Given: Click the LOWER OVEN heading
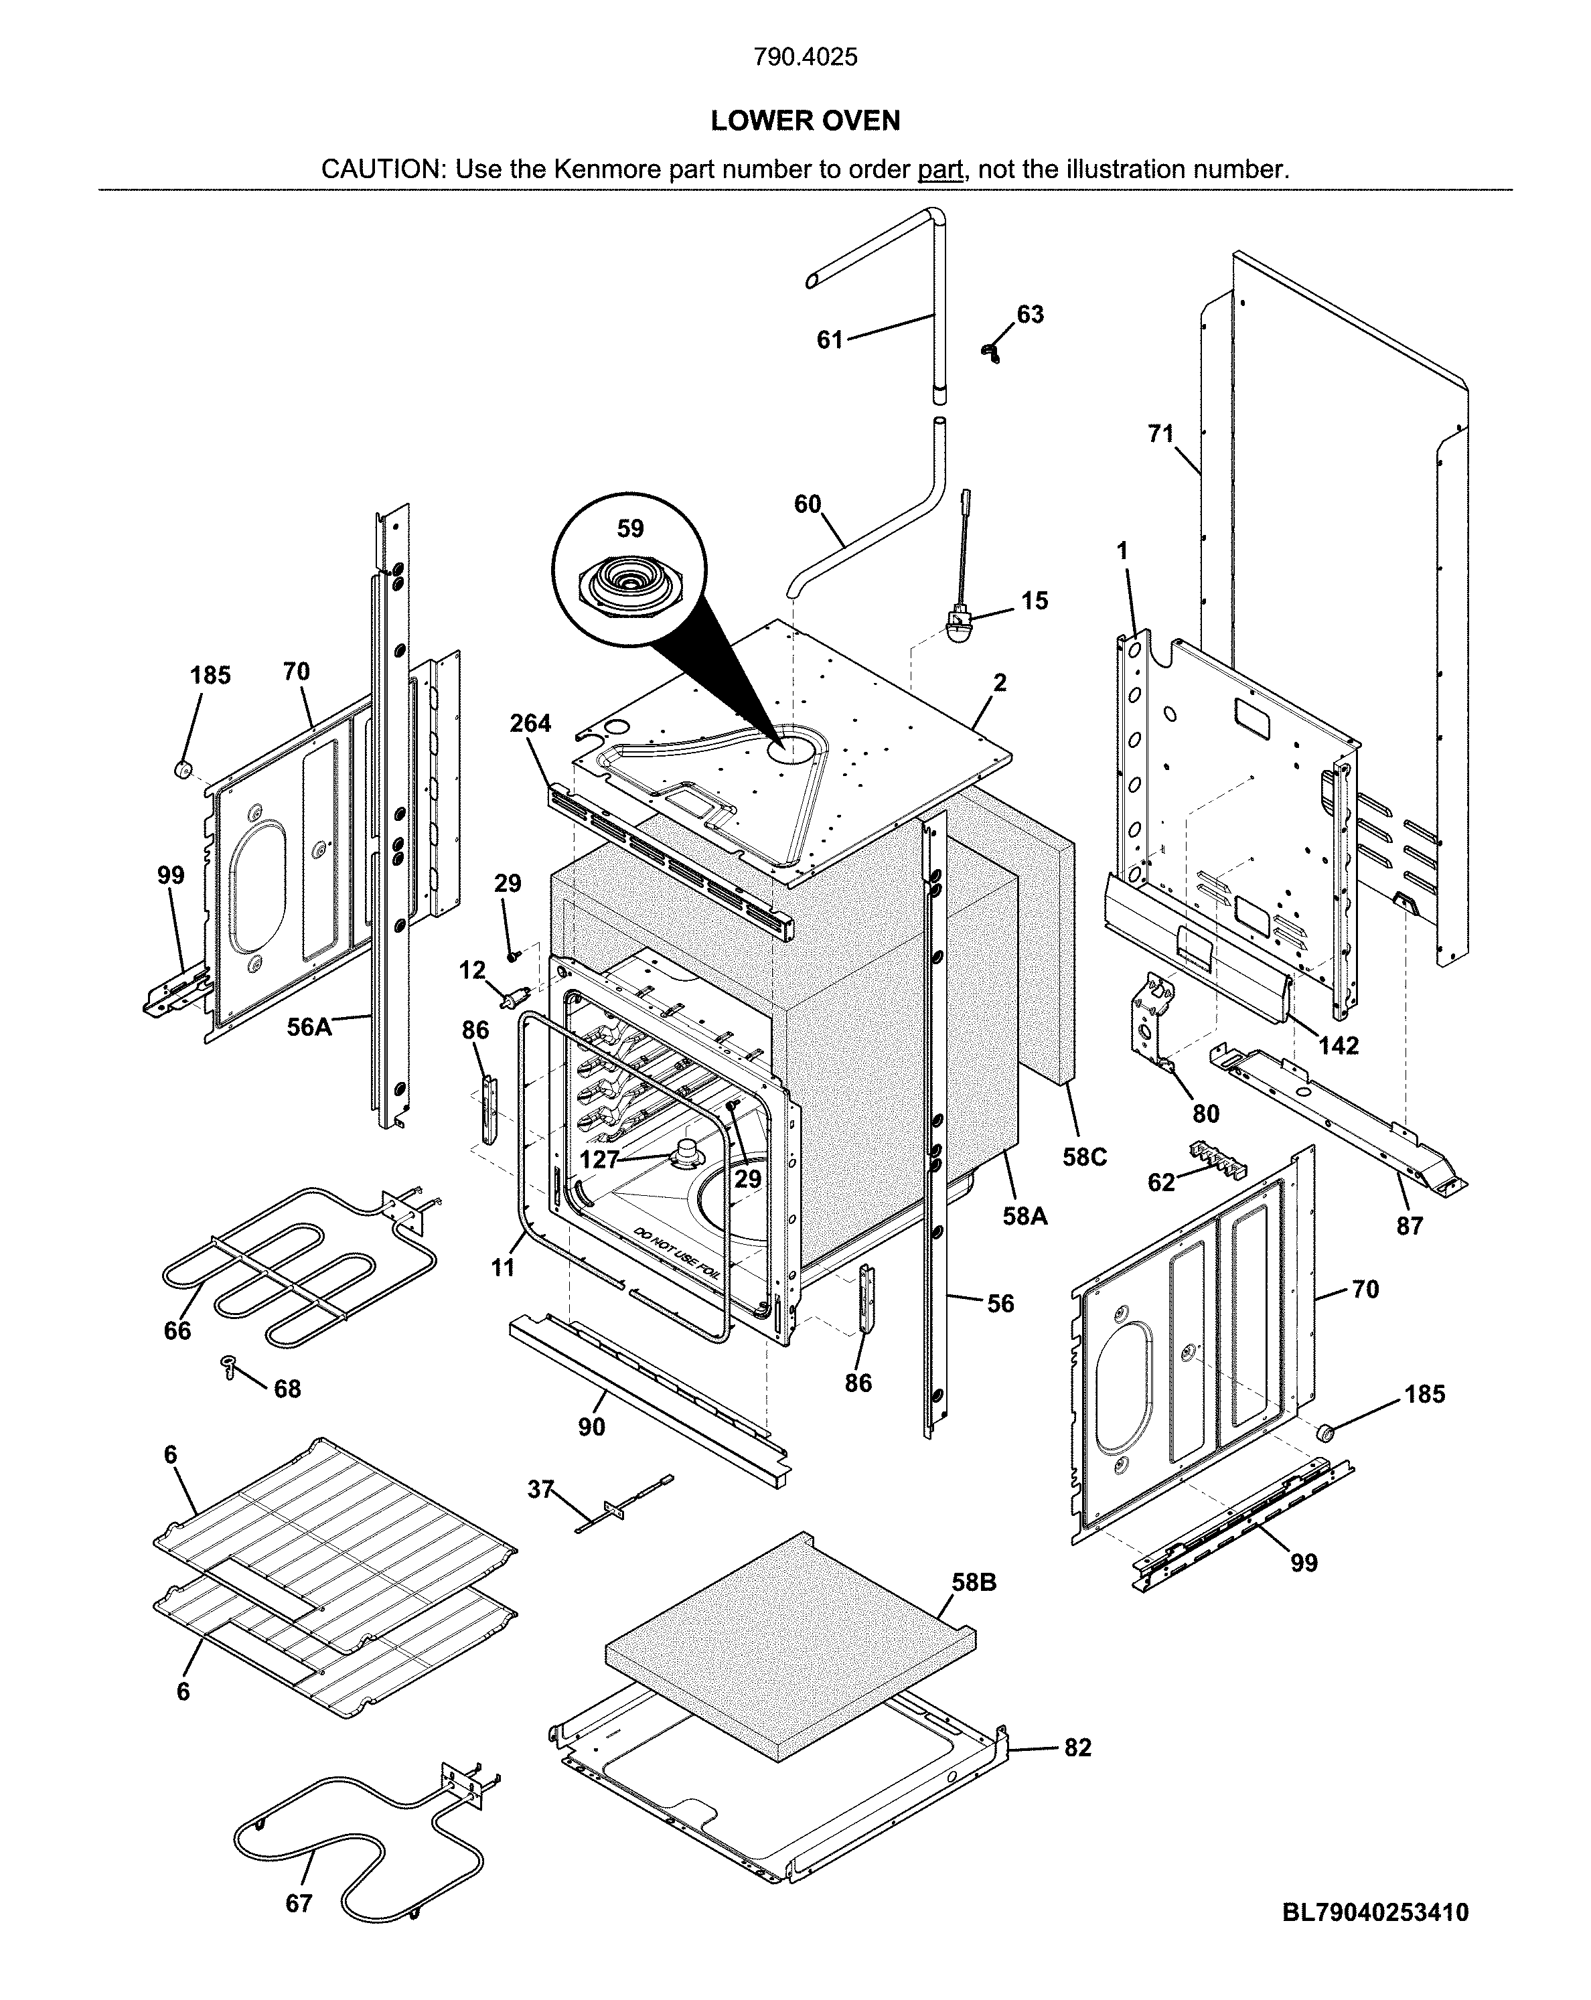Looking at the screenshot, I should [x=804, y=121].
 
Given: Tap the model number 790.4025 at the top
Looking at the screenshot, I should [x=804, y=58].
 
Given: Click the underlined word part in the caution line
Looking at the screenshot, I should [x=939, y=170].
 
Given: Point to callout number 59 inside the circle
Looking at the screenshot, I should [x=630, y=529].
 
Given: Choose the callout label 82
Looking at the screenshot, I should [x=1077, y=1748].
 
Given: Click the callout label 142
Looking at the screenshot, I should [x=1338, y=1045].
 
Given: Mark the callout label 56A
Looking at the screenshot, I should [x=309, y=1028].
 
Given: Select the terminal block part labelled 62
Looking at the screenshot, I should [x=1217, y=1160].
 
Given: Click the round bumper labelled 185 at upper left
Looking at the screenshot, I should [x=183, y=768].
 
